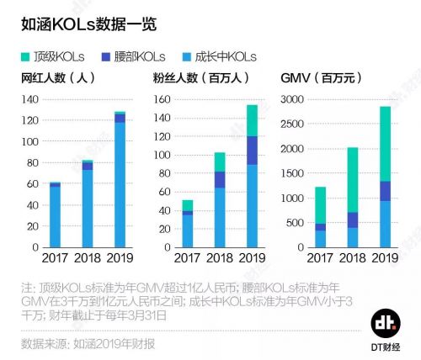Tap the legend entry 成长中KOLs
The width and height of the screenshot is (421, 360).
coord(218,56)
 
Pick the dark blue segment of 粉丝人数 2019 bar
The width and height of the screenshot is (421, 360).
coord(251,151)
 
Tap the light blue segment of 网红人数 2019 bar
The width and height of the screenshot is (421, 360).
coord(120,185)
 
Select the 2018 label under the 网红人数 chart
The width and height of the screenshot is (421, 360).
coord(88,257)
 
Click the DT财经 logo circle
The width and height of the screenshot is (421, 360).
coord(386,323)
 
